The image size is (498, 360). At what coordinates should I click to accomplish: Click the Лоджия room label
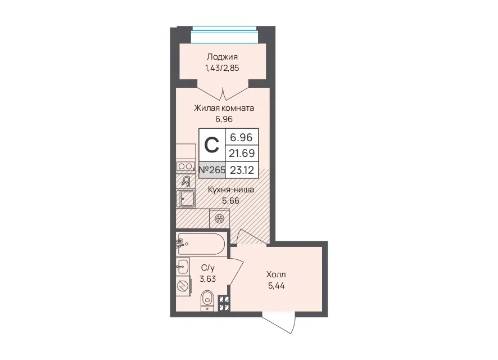point(222,57)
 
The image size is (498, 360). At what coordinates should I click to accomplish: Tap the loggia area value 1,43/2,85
point(222,68)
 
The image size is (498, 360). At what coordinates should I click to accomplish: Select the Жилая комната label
point(224,108)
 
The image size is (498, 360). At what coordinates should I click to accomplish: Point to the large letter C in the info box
point(211,145)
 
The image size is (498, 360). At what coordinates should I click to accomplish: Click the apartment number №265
point(212,170)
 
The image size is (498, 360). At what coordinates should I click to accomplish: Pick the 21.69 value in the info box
point(242,154)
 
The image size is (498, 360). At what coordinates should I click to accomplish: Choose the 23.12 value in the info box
point(242,170)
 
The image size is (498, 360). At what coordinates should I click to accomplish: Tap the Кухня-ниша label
point(231,190)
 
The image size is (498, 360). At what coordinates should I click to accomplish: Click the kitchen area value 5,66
point(230,201)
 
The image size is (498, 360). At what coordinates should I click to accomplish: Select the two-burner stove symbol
point(185,166)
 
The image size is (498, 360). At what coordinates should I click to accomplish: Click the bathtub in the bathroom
point(201,244)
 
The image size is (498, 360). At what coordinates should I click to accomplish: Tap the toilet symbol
point(207,300)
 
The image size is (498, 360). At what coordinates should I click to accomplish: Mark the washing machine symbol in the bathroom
point(184,287)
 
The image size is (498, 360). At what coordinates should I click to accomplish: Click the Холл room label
point(276,274)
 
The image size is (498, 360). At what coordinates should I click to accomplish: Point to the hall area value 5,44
point(277,286)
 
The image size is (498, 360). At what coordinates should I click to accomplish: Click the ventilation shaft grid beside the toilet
point(224,303)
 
